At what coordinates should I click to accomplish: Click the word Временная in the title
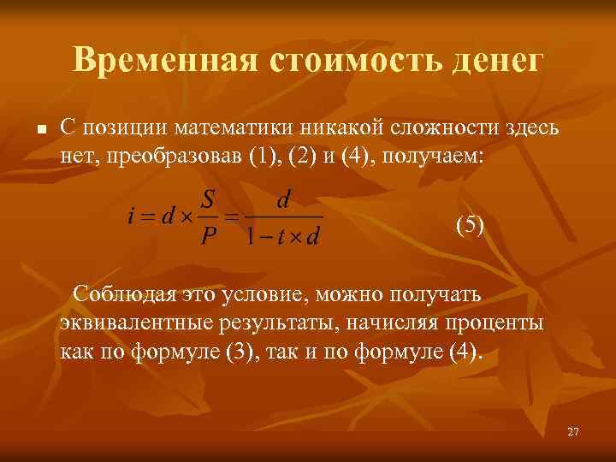pyautogui.click(x=164, y=61)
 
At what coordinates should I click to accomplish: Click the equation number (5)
pyautogui.click(x=470, y=225)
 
